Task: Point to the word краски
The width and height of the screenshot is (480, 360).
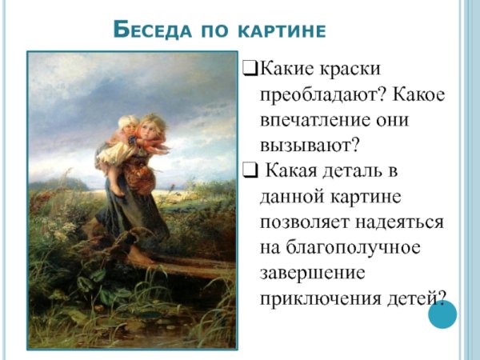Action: tap(350, 70)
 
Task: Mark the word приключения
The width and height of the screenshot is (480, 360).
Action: tap(326, 298)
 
